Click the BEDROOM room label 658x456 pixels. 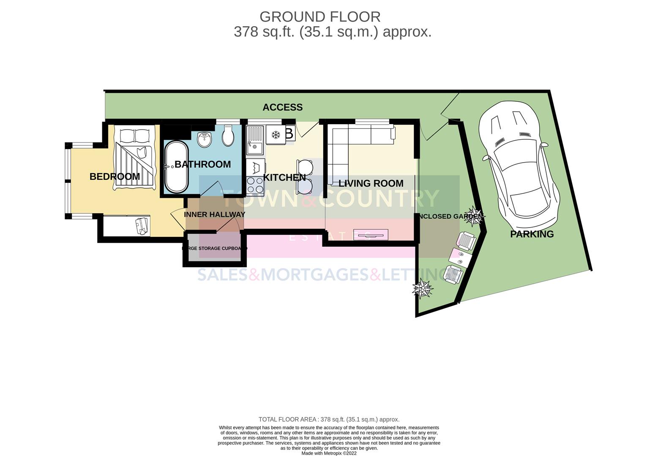coord(115,176)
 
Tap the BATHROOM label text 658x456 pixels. coord(202,164)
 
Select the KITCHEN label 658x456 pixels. coord(284,177)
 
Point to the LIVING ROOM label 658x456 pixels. coord(371,183)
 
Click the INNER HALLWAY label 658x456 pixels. coord(214,214)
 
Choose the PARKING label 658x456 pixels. coord(532,234)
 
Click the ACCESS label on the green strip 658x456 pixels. coord(282,107)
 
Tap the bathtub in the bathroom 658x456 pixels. coord(176,167)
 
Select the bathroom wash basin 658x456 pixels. coord(205,139)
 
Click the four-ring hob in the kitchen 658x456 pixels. coord(255,184)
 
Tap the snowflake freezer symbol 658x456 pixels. coord(276,135)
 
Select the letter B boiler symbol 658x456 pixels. coord(289,133)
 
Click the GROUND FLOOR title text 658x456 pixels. coord(320,17)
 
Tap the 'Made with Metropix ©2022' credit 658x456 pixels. coord(329,453)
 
